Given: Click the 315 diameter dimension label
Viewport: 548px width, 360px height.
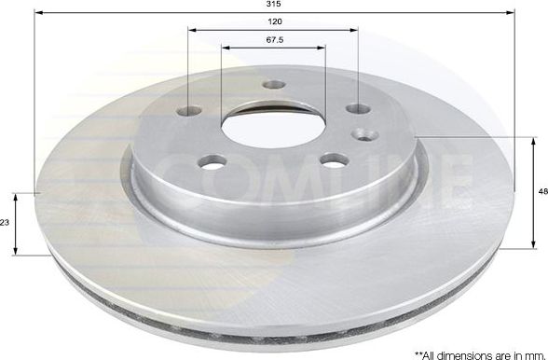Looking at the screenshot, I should click(x=274, y=5).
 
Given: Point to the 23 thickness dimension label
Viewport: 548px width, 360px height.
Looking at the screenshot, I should click(x=6, y=224).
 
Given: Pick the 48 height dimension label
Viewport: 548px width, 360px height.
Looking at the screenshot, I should click(x=542, y=193).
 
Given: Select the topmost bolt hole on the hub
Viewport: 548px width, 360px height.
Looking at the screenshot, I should click(x=274, y=84).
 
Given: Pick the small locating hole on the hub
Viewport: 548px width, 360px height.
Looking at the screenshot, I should click(x=365, y=134).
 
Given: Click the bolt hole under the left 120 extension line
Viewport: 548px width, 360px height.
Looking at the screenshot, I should click(x=189, y=110).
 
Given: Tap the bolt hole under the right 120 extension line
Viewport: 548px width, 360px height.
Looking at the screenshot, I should click(x=358, y=109).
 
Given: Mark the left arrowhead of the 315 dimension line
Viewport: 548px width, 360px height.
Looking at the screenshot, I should click(x=39, y=12).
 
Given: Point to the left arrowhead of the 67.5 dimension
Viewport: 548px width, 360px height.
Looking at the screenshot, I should click(x=225, y=46).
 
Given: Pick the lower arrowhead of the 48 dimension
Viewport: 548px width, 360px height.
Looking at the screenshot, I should click(x=534, y=247).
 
